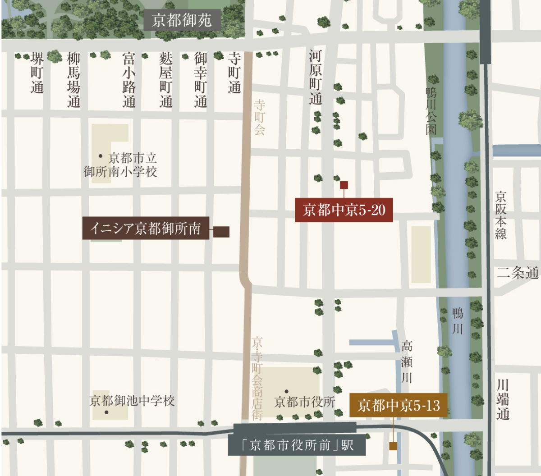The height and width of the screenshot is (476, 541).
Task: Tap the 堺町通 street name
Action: pos(37,73)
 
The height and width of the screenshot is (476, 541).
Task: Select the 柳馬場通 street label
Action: pos(73,80)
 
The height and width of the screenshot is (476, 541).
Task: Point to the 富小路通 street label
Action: pos(129,80)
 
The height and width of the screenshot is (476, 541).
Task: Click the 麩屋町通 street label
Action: pos(165,80)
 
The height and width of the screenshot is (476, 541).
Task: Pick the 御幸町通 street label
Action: pos(201,80)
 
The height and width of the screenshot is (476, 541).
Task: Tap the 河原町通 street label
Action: pos(315,78)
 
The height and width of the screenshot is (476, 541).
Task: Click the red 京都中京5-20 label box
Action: pos(344,210)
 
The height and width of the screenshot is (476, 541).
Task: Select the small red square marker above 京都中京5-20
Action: pos(344,184)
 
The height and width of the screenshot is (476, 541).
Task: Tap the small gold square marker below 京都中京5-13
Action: pos(393,446)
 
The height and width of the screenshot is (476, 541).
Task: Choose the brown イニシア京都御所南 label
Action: pos(145,228)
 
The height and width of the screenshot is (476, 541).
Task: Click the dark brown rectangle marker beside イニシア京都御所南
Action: pos(221,232)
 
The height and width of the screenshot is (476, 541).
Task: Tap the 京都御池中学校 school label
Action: pos(132,401)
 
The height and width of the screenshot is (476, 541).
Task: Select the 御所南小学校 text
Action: pos(120,172)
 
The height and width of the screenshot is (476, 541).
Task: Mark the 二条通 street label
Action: pos(518,273)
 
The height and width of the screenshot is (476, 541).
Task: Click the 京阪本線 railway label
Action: pos(500,215)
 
